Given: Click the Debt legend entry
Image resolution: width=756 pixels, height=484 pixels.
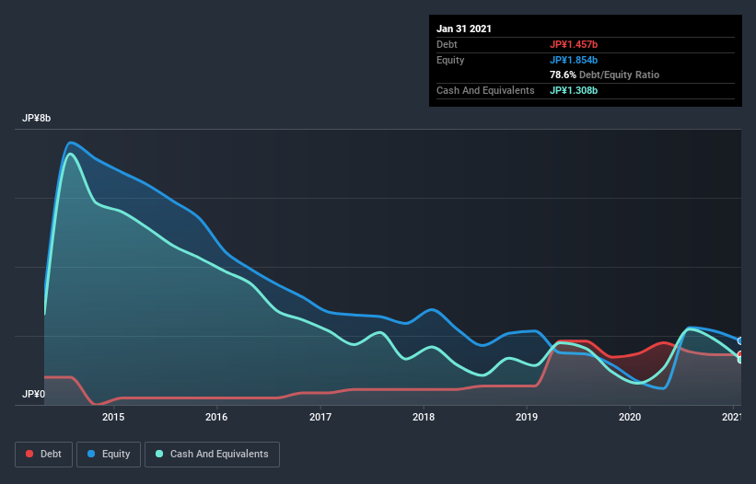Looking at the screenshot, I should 43,454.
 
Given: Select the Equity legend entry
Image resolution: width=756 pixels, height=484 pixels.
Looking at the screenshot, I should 109,454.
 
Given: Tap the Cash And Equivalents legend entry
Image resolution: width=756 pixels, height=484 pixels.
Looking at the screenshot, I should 212,454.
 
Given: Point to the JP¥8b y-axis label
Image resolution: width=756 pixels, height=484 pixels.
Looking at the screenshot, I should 37,119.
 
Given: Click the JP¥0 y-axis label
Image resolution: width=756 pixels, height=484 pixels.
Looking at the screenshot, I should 33,394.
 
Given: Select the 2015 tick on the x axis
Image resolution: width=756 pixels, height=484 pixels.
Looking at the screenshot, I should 113,418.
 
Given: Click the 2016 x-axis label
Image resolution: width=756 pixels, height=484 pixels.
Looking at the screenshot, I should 216,418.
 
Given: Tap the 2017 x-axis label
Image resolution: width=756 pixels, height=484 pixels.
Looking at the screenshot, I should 320,418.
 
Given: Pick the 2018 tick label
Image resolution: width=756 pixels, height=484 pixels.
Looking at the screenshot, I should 424,418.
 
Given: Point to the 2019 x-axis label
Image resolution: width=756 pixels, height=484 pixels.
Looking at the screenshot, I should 527,418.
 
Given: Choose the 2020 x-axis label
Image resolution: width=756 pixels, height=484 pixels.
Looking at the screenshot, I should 630,418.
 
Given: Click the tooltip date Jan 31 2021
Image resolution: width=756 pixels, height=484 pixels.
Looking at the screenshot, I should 464,29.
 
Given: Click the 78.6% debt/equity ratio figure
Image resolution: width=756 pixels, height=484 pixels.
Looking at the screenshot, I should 565,75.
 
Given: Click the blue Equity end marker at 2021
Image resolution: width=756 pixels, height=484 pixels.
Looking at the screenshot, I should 739,340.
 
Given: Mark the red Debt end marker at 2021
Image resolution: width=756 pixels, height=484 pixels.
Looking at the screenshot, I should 739,354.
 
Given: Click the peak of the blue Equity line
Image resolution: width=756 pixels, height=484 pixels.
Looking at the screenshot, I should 70,142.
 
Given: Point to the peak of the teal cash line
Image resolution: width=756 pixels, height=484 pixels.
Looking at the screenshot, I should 70,153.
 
